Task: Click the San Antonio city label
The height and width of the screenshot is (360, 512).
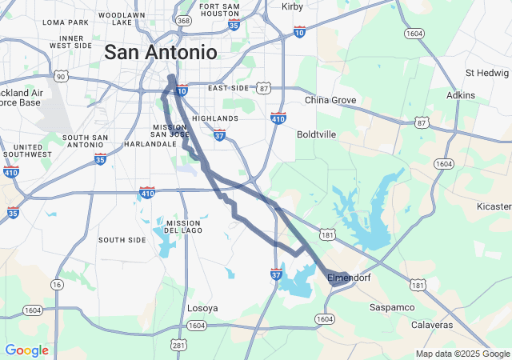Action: click(161, 53)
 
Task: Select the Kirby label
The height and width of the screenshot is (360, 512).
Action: click(293, 6)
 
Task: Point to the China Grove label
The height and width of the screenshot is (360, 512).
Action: click(330, 100)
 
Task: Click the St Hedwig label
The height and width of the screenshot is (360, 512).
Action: click(483, 73)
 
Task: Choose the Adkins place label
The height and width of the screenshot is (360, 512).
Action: click(461, 95)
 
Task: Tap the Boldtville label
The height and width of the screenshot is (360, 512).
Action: click(316, 134)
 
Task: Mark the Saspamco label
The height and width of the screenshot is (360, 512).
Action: click(392, 307)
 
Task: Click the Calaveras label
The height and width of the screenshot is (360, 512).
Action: click(431, 325)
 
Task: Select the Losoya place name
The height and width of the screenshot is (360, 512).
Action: click(202, 308)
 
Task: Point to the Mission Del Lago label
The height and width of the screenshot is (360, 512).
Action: click(182, 227)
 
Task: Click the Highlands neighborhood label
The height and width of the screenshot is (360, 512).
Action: click(215, 118)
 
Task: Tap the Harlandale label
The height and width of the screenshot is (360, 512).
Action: click(150, 144)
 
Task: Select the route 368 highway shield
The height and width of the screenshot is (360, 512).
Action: click(184, 21)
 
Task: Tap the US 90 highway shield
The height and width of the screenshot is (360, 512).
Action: click(61, 75)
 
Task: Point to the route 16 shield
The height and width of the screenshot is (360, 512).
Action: click(57, 285)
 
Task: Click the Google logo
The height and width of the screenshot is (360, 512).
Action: click(26, 350)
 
